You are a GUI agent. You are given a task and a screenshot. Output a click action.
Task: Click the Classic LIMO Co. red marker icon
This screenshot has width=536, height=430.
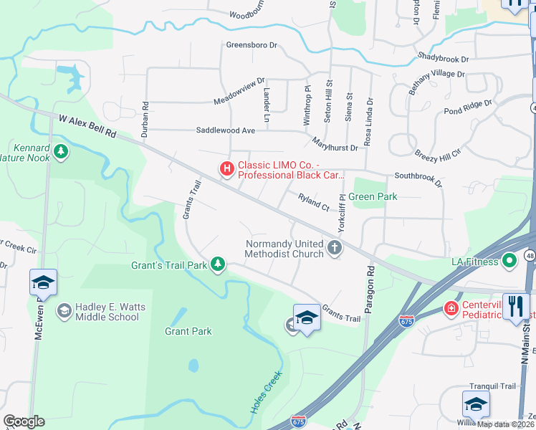226,169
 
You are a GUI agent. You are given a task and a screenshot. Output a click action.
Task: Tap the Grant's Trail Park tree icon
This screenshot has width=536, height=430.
217,265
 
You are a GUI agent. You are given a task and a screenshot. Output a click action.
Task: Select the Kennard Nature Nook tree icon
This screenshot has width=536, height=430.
62,150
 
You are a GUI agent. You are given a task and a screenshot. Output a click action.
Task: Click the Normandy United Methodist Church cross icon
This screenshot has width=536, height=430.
333,248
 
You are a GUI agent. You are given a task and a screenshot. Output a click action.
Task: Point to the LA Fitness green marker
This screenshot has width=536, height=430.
509,261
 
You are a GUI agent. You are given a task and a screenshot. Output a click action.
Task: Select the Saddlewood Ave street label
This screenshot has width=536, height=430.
226,130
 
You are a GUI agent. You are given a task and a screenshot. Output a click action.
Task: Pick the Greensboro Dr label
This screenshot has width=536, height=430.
251,45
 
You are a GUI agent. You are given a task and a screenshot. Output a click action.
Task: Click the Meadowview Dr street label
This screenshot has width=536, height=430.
239,92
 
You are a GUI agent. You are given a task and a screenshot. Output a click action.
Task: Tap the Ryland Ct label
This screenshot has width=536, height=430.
312,201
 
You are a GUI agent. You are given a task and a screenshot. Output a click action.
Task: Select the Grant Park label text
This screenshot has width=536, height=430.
188,331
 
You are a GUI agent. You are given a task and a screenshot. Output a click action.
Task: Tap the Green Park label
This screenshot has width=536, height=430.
373,196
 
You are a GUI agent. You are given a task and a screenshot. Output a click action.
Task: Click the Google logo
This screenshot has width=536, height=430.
24,421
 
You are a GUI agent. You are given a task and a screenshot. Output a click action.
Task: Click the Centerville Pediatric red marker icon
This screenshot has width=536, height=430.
451,309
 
